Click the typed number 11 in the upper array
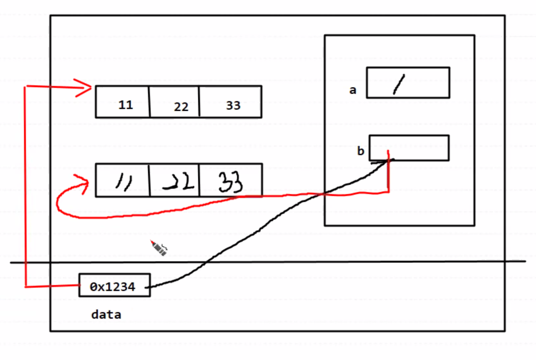tap(125, 105)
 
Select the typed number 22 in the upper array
tap(181, 107)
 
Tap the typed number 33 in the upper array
tap(233, 105)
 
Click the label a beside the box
tap(352, 90)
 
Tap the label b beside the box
tap(361, 151)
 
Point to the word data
tap(106, 315)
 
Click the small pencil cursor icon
tap(159, 248)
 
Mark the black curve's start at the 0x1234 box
tap(150, 287)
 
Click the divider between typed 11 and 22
tap(149, 102)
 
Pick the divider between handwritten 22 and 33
tap(199, 180)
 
